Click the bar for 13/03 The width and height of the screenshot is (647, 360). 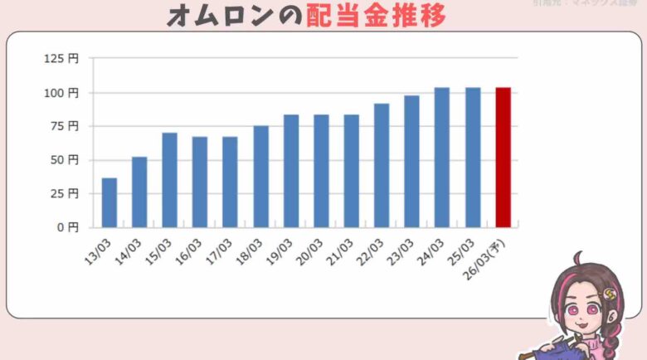pos(109,202)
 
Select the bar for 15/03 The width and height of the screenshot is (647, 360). pos(169,180)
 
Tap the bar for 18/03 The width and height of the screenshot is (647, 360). pos(260,177)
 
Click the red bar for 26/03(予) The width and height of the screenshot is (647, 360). pos(503,157)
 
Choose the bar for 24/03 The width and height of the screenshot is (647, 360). pos(442,157)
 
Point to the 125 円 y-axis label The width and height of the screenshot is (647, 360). pos(61,59)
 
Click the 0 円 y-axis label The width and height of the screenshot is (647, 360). pos(68,227)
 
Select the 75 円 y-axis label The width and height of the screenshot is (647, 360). pos(65,126)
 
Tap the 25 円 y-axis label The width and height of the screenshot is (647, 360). pos(65,193)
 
